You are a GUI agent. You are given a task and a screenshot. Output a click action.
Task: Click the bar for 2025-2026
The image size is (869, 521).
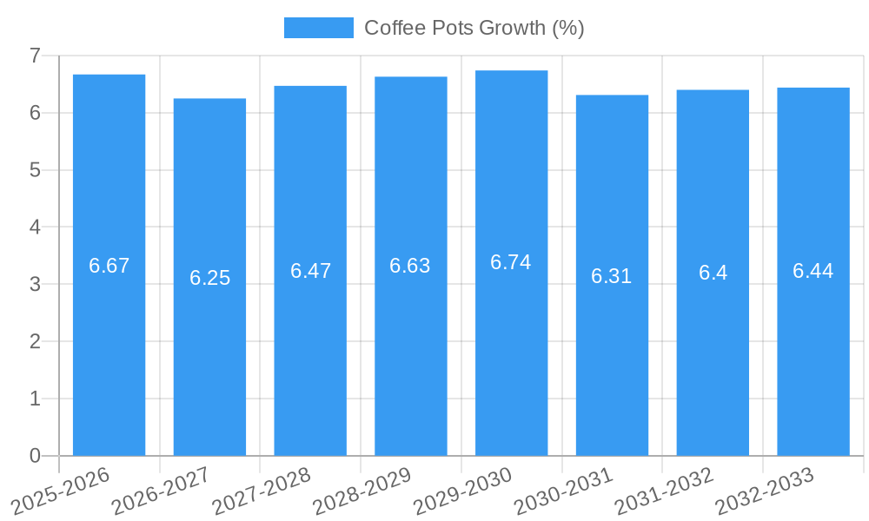(109, 347)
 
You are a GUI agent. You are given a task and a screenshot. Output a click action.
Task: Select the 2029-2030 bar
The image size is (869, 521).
(511, 347)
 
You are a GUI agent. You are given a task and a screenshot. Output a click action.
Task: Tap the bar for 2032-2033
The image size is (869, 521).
(813, 347)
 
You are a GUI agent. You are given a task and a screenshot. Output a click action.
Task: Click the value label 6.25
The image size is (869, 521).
(209, 278)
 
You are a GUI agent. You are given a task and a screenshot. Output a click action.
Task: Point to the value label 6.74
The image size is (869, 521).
(511, 262)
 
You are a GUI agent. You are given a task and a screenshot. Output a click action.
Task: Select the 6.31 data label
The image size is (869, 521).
(612, 276)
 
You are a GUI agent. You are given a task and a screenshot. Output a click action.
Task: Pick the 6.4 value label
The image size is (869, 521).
(713, 273)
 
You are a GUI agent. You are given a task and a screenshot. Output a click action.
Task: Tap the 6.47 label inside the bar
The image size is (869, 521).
(310, 271)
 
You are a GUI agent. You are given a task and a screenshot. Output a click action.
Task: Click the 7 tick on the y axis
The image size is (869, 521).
(35, 56)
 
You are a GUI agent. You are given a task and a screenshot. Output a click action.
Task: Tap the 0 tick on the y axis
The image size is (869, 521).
(35, 456)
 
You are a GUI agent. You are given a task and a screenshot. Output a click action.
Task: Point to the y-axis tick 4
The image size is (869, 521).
(35, 228)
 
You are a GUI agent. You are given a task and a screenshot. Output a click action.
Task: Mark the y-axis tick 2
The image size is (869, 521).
(35, 342)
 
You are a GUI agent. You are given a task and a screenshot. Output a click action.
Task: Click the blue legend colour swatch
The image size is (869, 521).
(318, 28)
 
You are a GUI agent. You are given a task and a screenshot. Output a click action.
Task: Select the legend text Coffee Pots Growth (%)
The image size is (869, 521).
(474, 28)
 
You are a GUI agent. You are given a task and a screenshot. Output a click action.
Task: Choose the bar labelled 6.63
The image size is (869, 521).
(411, 347)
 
